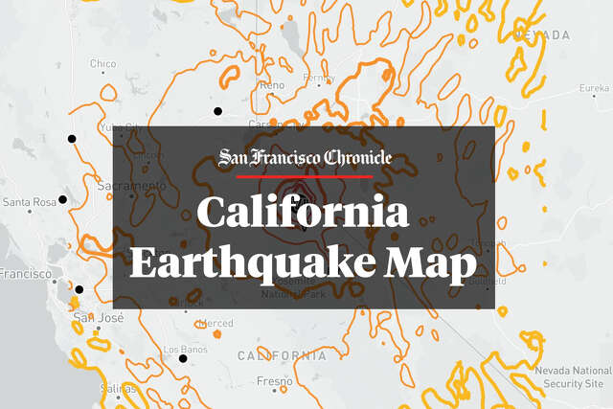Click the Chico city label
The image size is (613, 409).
click(x=102, y=64)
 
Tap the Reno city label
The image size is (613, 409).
click(x=272, y=85)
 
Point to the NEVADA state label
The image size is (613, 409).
click(x=541, y=34)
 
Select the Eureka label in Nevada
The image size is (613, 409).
click(x=594, y=88)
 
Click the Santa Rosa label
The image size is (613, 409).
click(x=28, y=202)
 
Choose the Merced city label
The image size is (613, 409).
click(x=216, y=324)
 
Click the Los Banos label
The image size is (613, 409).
click(x=186, y=350)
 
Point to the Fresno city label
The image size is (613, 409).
click(x=274, y=381)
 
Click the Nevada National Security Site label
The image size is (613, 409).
click(x=573, y=376)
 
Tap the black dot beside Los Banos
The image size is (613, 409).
click(x=183, y=359)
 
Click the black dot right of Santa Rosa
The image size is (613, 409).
click(x=62, y=199)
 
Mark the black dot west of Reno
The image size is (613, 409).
click(x=218, y=111)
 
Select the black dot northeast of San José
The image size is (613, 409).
click(x=79, y=289)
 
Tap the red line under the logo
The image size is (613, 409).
click(x=304, y=176)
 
